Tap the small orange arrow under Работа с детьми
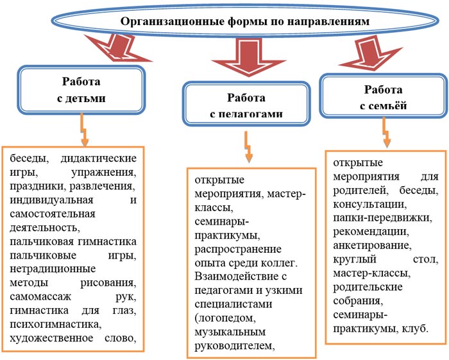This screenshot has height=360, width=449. (83, 132)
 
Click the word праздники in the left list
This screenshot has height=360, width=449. (37, 186)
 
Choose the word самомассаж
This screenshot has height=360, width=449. (42, 297)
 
